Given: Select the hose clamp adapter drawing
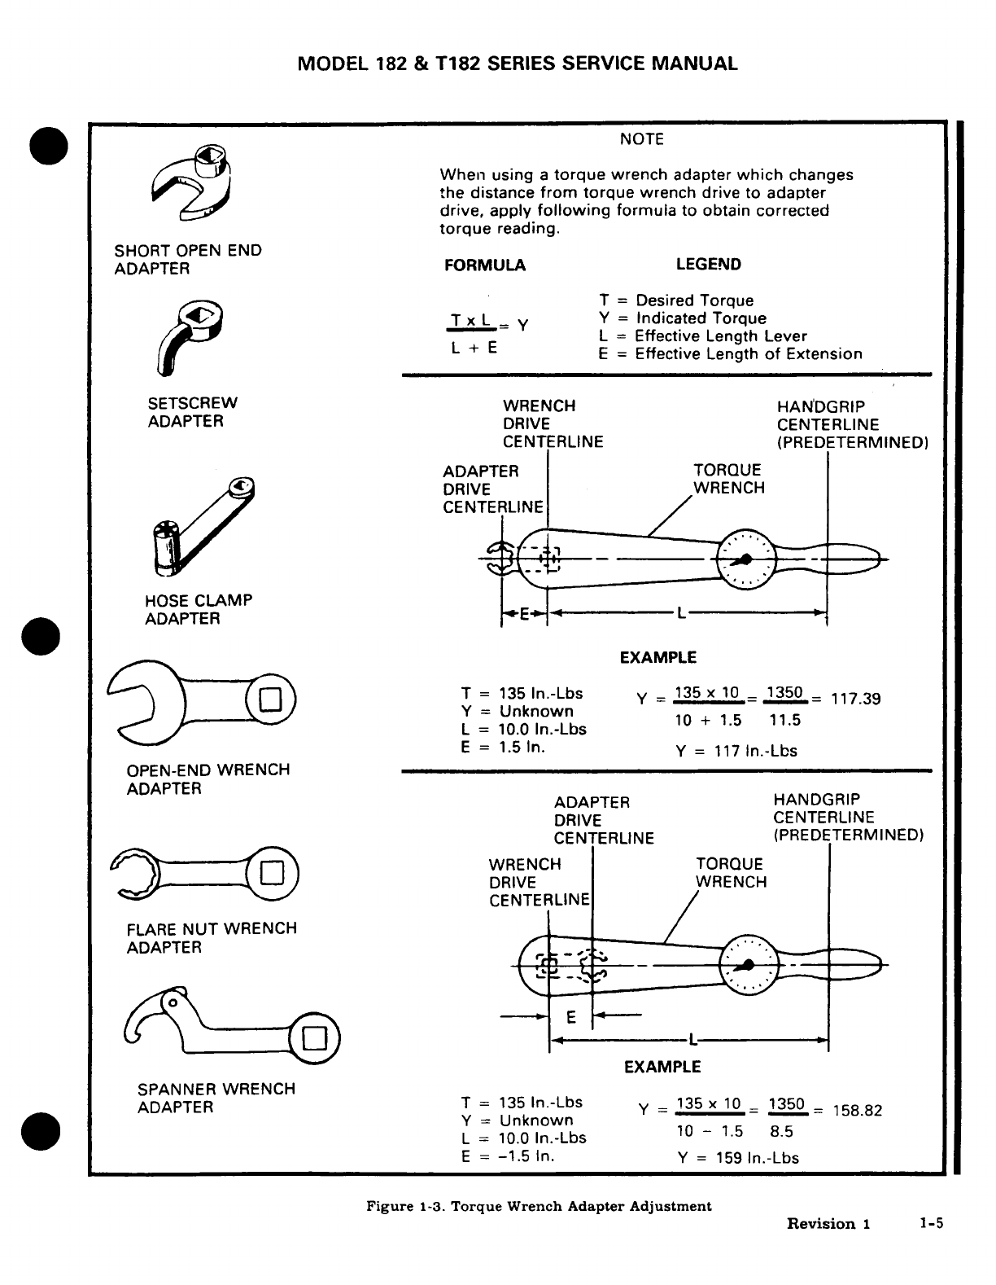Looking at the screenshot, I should [x=202, y=525].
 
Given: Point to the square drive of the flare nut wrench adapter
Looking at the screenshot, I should [x=272, y=874].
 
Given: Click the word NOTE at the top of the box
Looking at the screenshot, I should [x=642, y=139].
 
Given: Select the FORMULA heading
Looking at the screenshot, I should [x=485, y=265].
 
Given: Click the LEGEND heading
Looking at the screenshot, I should [x=708, y=265].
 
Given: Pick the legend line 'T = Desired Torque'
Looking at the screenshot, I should [x=676, y=300].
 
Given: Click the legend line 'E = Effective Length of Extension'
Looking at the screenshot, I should [x=730, y=354].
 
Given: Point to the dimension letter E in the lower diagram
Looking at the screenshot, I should [x=570, y=1017].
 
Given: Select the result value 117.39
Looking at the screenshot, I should [x=855, y=700].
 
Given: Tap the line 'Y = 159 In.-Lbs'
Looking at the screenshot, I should [x=737, y=1158].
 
